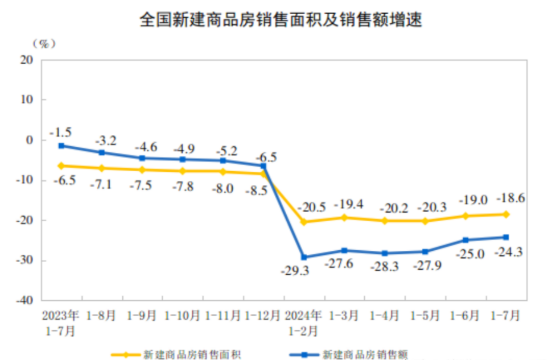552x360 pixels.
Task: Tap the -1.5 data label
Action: [60, 133]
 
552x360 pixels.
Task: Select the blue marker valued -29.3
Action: [304, 258]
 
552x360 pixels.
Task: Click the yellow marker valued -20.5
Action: [304, 222]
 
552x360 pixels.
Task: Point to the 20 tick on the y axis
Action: [27, 59]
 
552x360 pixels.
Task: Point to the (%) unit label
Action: [44, 43]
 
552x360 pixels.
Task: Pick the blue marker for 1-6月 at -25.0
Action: [466, 240]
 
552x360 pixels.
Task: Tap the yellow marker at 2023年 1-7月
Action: [61, 166]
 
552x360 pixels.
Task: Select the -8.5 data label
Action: [255, 191]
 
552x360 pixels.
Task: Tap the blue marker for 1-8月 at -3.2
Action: [102, 152]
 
